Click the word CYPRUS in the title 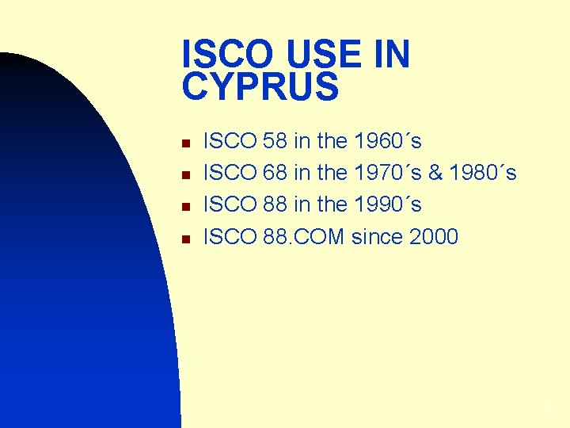[260, 86]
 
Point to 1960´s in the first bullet [388, 142]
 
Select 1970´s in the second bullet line [388, 173]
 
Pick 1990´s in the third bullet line [388, 204]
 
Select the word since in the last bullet [376, 236]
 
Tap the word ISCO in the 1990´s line [230, 204]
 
